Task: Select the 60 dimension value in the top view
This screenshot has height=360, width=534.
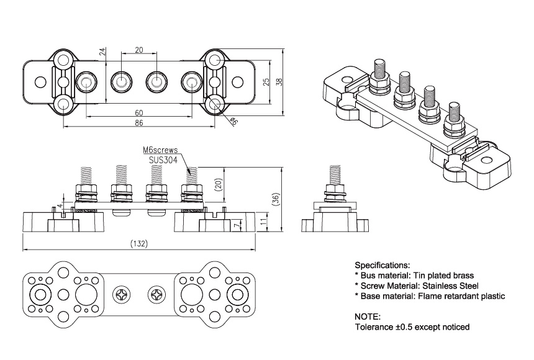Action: (x=138, y=113)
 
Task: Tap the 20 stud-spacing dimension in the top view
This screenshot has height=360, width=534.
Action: (x=138, y=50)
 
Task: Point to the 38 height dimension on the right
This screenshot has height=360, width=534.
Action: (x=279, y=81)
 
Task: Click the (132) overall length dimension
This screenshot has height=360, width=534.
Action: (x=138, y=245)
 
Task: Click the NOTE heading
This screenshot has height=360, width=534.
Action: (x=368, y=316)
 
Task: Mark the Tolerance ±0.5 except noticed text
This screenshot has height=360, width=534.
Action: (x=412, y=326)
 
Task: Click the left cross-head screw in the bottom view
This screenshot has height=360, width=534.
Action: (x=120, y=294)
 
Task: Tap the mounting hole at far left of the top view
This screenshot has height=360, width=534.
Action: (x=39, y=82)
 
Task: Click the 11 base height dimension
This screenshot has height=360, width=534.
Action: (x=263, y=220)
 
